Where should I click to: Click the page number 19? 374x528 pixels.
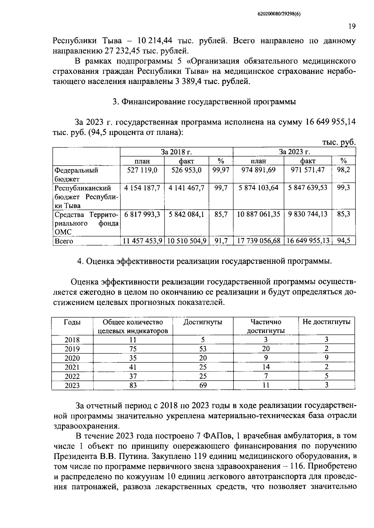coord(352,26)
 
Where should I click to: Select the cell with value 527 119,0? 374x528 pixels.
coord(142,170)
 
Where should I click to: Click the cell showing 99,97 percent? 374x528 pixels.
coord(221,170)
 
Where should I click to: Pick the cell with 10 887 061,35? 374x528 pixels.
coord(258,214)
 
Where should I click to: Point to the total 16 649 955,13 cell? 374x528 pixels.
coord(308,241)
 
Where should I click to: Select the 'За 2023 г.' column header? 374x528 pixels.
coord(294,152)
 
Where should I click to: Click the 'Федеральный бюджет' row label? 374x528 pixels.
coord(76,174)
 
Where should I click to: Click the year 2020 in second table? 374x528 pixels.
coord(72,358)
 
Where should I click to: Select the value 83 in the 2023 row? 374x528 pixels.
coord(133,385)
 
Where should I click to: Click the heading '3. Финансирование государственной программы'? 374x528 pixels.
coord(204,102)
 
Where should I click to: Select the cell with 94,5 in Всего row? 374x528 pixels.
coord(343,241)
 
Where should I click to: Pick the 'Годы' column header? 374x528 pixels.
coord(72,322)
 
